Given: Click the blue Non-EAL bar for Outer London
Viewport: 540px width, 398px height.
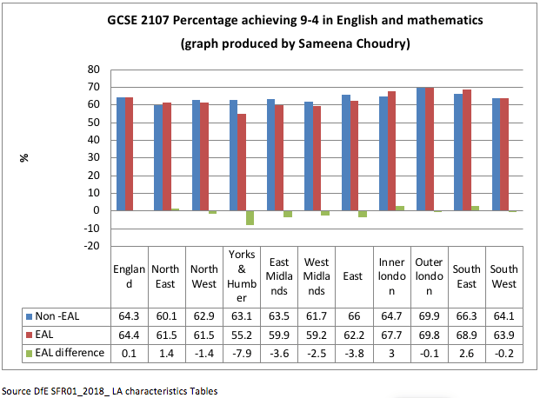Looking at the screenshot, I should pyautogui.click(x=421, y=149).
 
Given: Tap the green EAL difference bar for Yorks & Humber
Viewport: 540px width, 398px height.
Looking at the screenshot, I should pyautogui.click(x=250, y=217).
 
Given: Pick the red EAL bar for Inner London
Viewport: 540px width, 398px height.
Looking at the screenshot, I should pyautogui.click(x=391, y=150).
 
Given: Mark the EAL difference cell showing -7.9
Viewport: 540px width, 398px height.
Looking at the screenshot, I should pyautogui.click(x=241, y=353).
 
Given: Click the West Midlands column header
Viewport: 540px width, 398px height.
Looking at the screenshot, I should pyautogui.click(x=315, y=276).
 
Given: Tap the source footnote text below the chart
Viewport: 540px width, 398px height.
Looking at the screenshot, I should pyautogui.click(x=110, y=391).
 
